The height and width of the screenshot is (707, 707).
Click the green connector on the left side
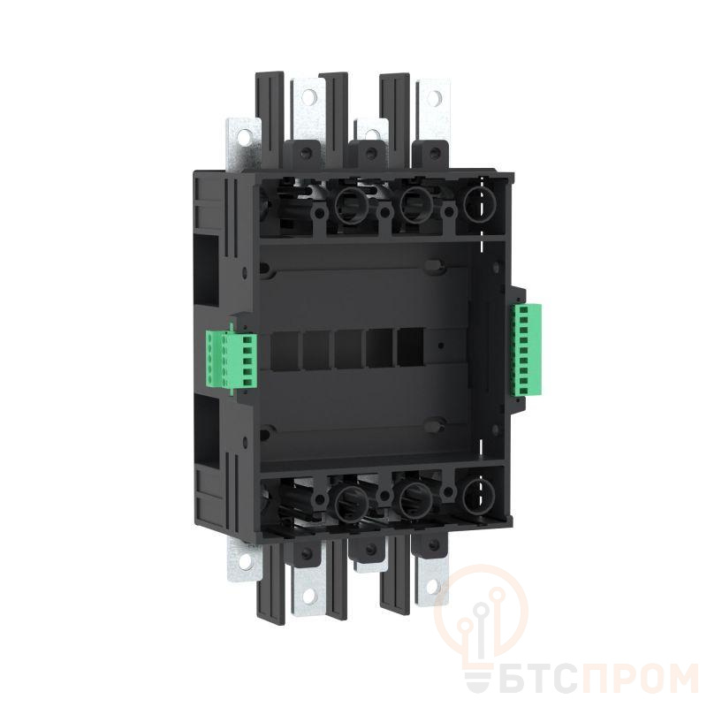click(x=232, y=360)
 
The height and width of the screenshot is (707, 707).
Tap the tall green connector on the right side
click(x=526, y=350)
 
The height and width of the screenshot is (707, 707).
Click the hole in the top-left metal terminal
click(x=245, y=136)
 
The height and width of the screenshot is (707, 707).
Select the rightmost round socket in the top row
click(x=478, y=206)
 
